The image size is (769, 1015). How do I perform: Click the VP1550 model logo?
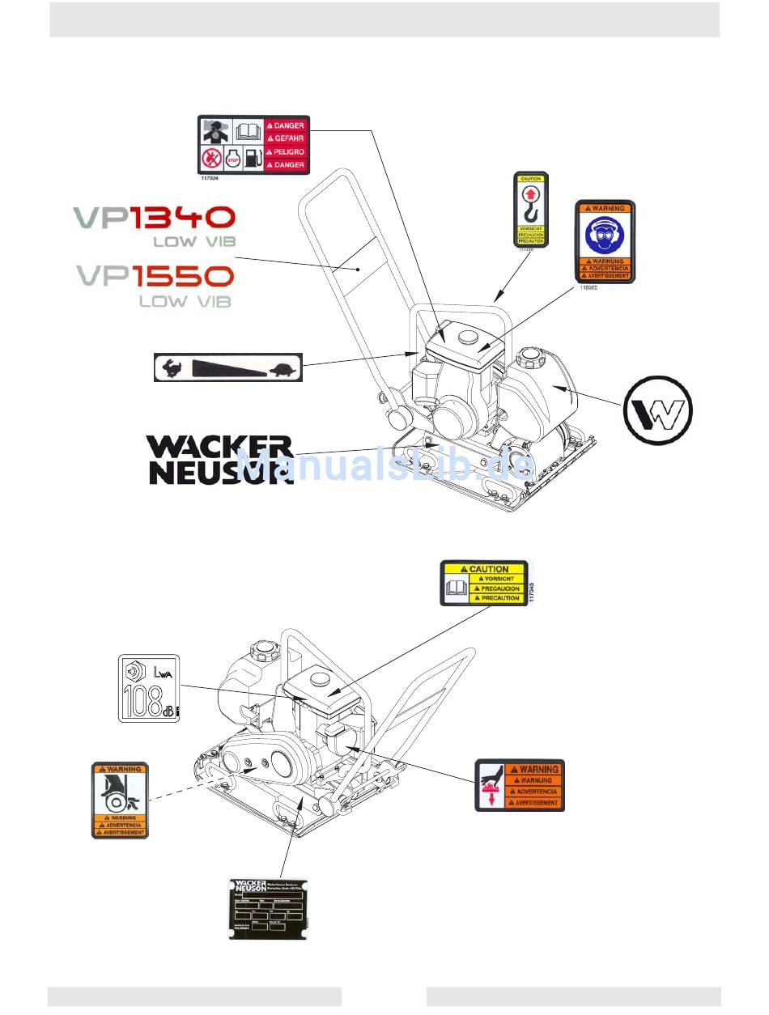point(155,276)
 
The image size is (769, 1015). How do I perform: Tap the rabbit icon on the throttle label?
point(171,368)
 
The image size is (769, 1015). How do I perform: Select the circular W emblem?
point(658,410)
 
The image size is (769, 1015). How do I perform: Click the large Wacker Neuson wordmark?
point(219,460)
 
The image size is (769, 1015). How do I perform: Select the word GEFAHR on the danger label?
point(289,138)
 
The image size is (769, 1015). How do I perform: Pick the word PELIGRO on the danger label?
point(289,151)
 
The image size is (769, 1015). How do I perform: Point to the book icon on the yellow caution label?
point(457,587)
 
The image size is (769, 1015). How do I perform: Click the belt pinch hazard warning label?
point(120,799)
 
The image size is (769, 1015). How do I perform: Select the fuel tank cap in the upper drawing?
point(531,354)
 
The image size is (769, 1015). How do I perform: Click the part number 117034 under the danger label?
point(210,178)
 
